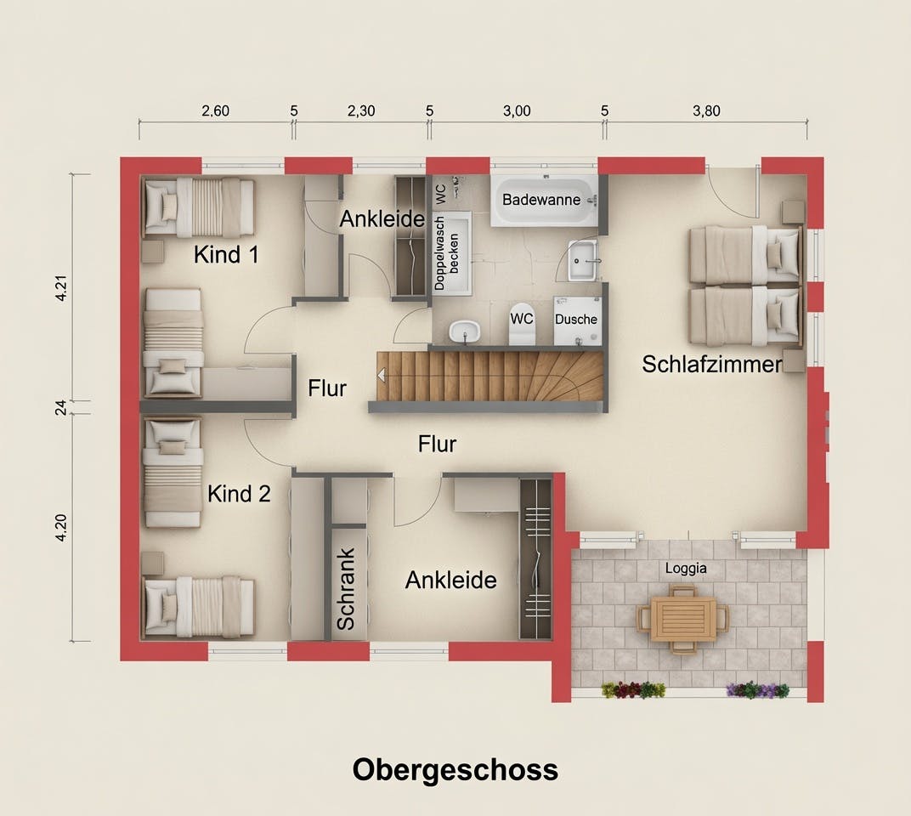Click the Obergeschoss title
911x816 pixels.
pyautogui.click(x=455, y=770)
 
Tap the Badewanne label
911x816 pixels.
pyautogui.click(x=540, y=200)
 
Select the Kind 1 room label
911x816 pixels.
pyautogui.click(x=226, y=254)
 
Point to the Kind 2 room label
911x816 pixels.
pyautogui.click(x=239, y=494)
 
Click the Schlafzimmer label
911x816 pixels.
pyautogui.click(x=712, y=365)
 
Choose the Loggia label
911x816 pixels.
pyautogui.click(x=686, y=568)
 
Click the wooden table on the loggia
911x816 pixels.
pyautogui.click(x=683, y=620)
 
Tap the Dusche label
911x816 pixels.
pyautogui.click(x=576, y=319)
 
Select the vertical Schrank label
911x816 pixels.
pyautogui.click(x=346, y=589)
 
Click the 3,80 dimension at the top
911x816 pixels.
pyautogui.click(x=706, y=111)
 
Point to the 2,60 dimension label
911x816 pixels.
pyautogui.click(x=216, y=110)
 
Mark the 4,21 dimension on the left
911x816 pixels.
pyautogui.click(x=61, y=287)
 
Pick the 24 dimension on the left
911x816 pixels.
pyautogui.click(x=61, y=408)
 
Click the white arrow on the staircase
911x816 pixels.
pyautogui.click(x=381, y=376)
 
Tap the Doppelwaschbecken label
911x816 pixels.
pyautogui.click(x=446, y=253)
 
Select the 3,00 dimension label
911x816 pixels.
pyautogui.click(x=517, y=111)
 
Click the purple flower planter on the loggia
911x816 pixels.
pyautogui.click(x=758, y=690)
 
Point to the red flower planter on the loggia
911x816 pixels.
pyautogui.click(x=633, y=690)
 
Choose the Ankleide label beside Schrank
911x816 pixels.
pyautogui.click(x=451, y=580)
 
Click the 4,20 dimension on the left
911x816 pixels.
pyautogui.click(x=61, y=528)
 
